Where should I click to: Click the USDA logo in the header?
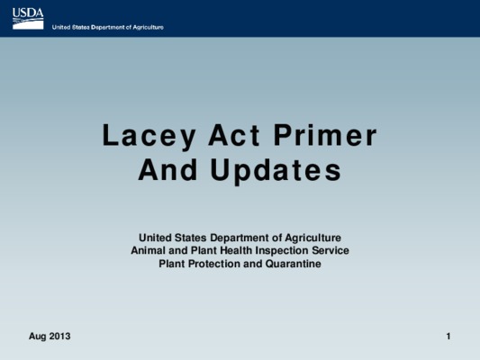28,19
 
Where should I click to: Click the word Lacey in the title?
149,136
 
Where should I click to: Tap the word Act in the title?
234,135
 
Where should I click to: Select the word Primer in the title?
325,135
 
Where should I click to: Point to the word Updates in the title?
276,171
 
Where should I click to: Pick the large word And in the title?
168,169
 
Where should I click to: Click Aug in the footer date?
38,337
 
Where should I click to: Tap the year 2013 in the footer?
59,336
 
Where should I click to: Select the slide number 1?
448,336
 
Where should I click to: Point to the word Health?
236,250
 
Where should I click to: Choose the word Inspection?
282,251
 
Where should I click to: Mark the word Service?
331,250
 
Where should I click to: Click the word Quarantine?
294,264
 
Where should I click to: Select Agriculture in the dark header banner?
149,28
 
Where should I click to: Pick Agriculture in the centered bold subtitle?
312,238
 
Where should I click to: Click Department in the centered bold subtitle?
235,238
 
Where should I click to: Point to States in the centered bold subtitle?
191,238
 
